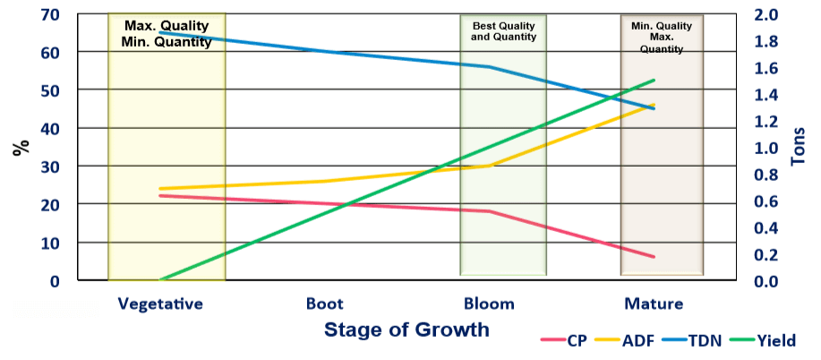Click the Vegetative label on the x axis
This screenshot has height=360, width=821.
(159, 304)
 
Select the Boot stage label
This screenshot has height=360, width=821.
(324, 304)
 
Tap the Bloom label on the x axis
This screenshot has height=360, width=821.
(489, 304)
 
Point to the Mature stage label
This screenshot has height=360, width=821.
(654, 304)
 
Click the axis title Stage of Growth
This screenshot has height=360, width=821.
(406, 330)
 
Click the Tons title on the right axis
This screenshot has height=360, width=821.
(800, 148)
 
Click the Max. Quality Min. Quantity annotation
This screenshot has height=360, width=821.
(168, 33)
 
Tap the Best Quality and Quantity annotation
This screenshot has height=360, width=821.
(504, 31)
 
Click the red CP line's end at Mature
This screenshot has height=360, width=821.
(654, 257)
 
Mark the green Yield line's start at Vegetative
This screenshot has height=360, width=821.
(160, 280)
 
